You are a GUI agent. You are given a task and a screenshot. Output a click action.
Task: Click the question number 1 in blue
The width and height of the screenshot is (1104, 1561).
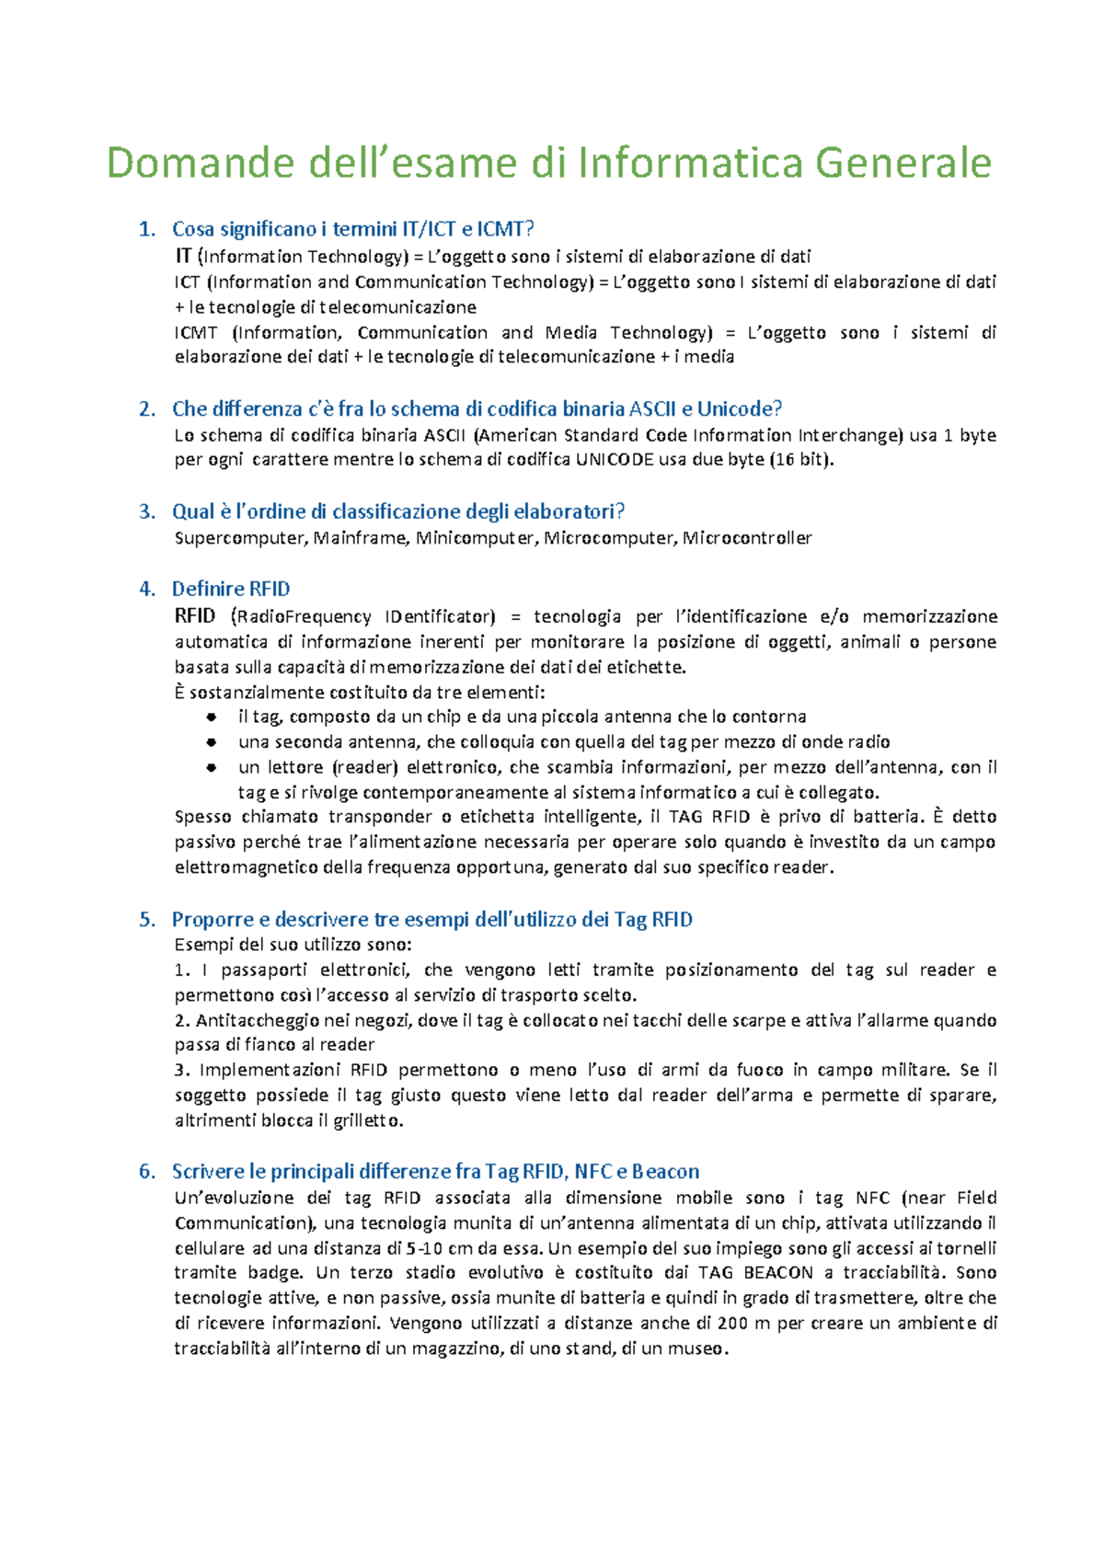click(x=146, y=229)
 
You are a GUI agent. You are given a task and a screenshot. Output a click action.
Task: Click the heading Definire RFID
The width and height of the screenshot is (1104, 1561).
click(x=230, y=589)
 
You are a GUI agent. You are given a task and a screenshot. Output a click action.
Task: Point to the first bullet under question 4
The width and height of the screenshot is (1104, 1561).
click(x=212, y=717)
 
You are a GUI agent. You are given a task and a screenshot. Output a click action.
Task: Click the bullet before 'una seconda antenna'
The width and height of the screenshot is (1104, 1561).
click(x=212, y=741)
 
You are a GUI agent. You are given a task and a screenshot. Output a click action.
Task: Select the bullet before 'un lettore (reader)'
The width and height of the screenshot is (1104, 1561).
click(x=212, y=767)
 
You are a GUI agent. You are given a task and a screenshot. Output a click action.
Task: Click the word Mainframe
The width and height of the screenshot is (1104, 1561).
click(x=360, y=538)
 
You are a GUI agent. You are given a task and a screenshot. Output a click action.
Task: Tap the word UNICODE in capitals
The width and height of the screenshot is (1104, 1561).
click(x=615, y=460)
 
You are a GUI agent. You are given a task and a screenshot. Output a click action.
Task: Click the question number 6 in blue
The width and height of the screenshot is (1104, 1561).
click(x=146, y=1172)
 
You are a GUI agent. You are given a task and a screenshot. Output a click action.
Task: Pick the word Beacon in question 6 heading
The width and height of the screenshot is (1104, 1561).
click(x=665, y=1172)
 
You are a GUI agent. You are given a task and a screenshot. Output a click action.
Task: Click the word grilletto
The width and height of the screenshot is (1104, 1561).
click(x=369, y=1120)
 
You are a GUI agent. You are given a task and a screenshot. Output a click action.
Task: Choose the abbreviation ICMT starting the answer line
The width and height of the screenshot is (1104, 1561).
click(x=196, y=333)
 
